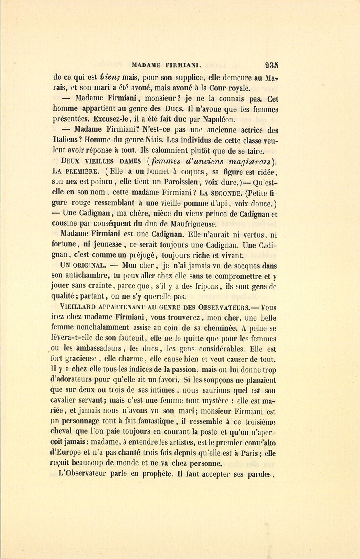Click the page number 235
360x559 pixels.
pyautogui.click(x=271, y=65)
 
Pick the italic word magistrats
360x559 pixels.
pyautogui.click(x=250, y=162)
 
